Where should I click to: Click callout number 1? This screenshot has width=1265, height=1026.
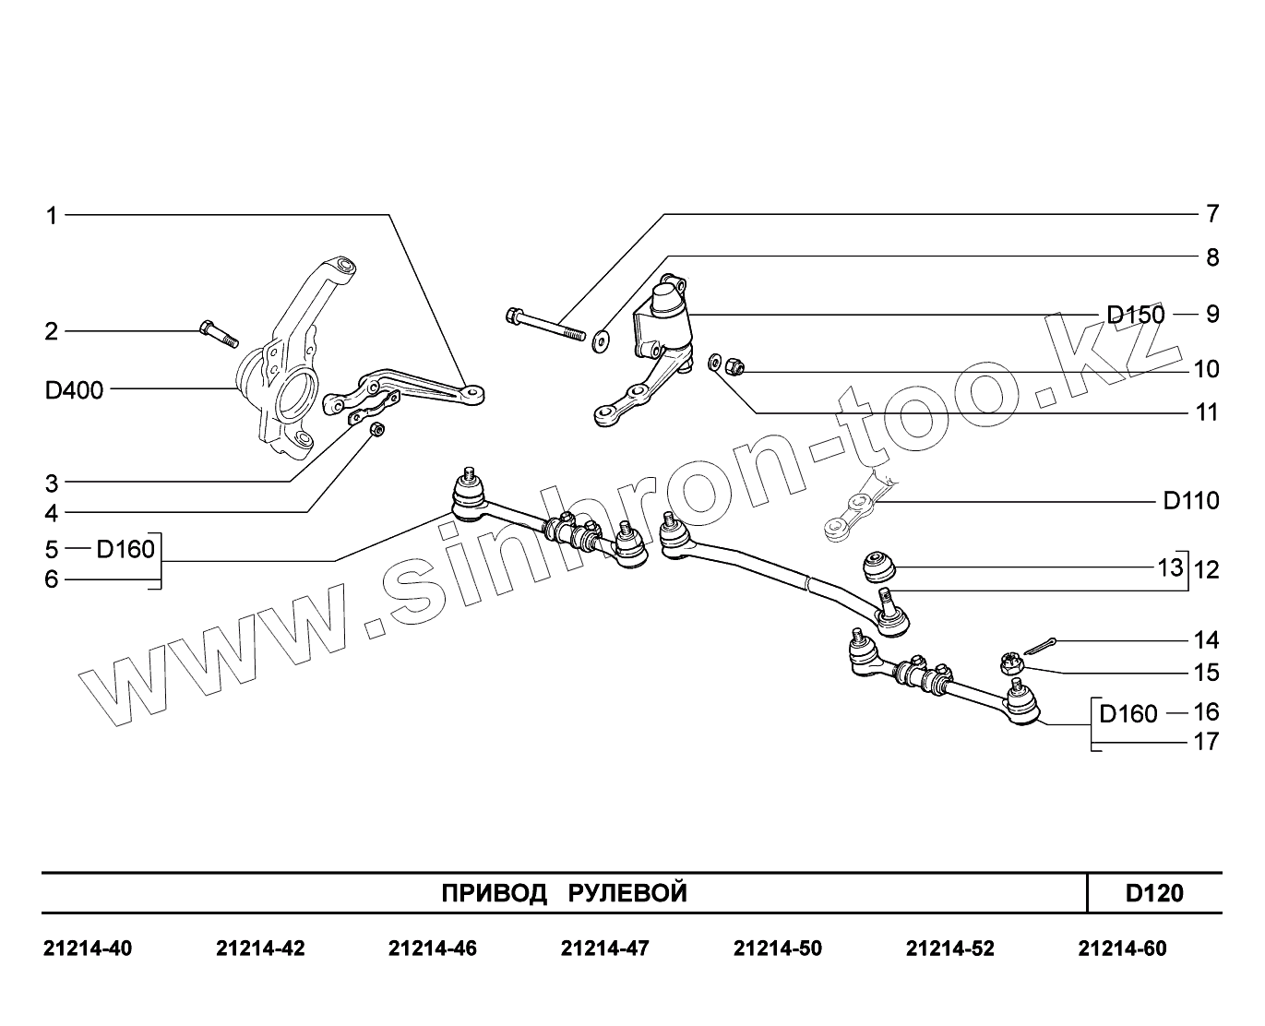(52, 216)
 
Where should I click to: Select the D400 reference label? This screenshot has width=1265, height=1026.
(74, 389)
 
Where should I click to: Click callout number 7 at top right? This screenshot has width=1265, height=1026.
(1212, 214)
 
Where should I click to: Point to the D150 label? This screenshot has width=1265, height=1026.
(1136, 315)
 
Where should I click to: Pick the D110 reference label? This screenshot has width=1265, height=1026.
(1191, 501)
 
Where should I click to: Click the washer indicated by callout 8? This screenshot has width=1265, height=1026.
(601, 342)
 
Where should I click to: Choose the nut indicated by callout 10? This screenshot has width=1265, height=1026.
(734, 367)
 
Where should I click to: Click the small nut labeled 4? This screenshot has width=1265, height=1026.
(376, 430)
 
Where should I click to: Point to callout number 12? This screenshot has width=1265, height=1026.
(1206, 569)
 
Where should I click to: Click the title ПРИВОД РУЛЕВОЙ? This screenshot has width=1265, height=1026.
(564, 893)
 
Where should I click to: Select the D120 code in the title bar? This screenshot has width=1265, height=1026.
(1154, 893)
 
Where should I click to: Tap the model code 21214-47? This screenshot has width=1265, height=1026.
(604, 948)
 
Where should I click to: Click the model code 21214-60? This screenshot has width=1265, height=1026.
(1122, 948)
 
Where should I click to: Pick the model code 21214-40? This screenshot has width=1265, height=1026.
(88, 948)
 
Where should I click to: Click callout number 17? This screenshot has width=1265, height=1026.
(1206, 741)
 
